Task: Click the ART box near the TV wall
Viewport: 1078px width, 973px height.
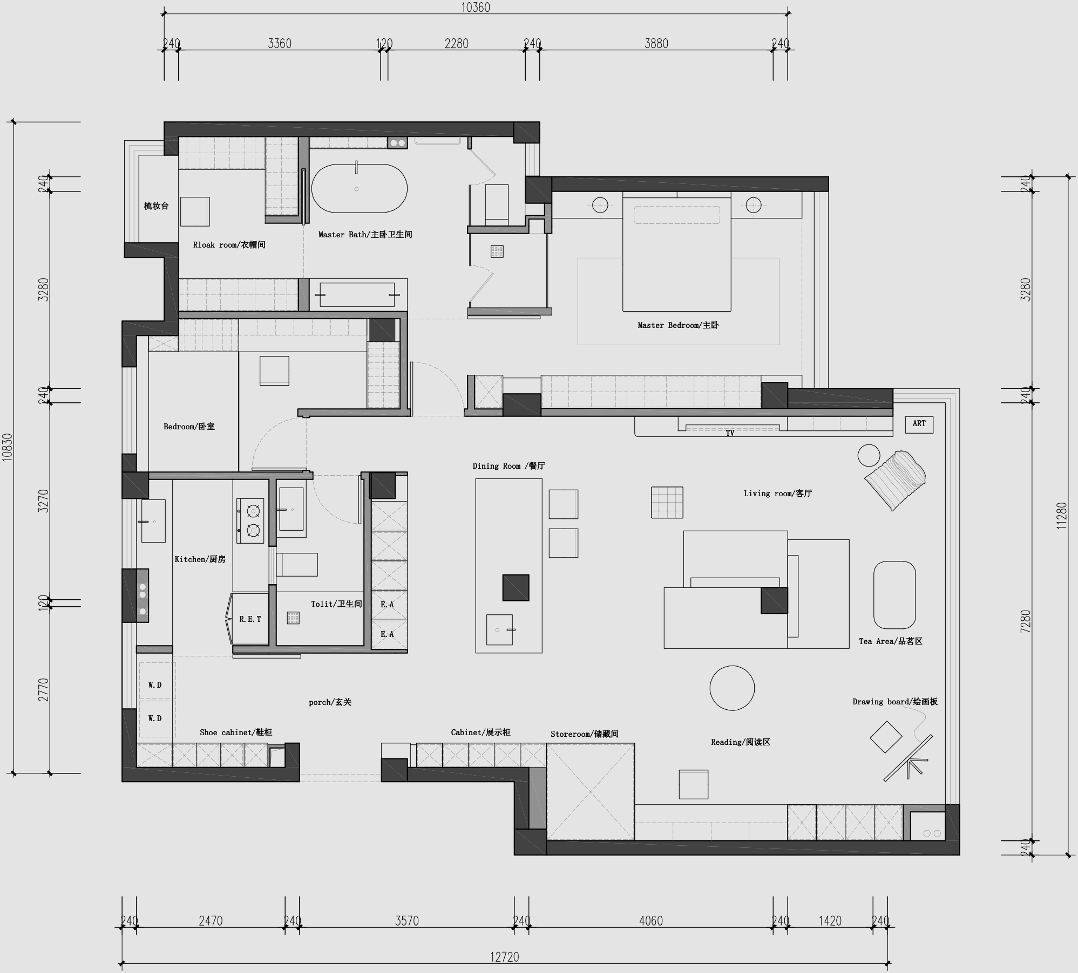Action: (919, 424)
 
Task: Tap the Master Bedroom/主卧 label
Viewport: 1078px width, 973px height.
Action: (677, 325)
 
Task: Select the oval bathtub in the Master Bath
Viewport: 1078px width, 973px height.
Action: (360, 189)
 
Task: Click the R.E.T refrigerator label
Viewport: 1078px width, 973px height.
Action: (250, 619)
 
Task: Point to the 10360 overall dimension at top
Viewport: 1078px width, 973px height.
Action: (476, 8)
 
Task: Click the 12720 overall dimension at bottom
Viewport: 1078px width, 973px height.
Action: (504, 957)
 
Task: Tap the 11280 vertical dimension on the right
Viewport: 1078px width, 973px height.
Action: (1061, 516)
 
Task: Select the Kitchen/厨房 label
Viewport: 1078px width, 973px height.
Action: (200, 559)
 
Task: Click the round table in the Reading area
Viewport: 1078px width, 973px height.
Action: (732, 688)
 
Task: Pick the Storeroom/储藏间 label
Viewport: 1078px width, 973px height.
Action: (584, 734)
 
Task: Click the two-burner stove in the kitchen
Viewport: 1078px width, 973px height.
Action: (250, 520)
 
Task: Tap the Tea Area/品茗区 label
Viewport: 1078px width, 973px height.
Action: (890, 641)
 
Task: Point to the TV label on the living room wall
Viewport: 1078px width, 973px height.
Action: (730, 433)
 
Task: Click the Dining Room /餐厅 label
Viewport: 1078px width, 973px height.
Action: (509, 466)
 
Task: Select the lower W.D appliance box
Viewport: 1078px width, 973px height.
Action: (155, 718)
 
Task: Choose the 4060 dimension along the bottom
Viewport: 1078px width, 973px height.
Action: (650, 921)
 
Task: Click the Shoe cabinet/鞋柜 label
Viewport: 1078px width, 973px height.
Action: (236, 732)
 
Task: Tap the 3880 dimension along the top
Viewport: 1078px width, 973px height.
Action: (656, 44)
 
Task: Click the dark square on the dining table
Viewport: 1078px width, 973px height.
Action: (516, 587)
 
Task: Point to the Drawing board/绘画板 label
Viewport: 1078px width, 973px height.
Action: (894, 702)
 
